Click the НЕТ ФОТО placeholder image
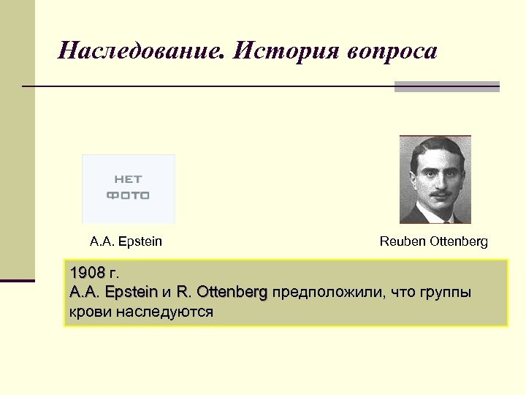[x=129, y=189]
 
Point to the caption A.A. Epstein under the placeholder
[x=126, y=241]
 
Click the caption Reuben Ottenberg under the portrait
[x=433, y=241]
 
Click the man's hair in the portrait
[x=435, y=147]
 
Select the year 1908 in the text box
[x=88, y=274]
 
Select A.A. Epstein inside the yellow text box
[x=113, y=293]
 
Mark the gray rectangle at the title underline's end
[x=446, y=86]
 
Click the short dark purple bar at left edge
[x=18, y=280]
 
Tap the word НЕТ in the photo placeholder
[x=128, y=178]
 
